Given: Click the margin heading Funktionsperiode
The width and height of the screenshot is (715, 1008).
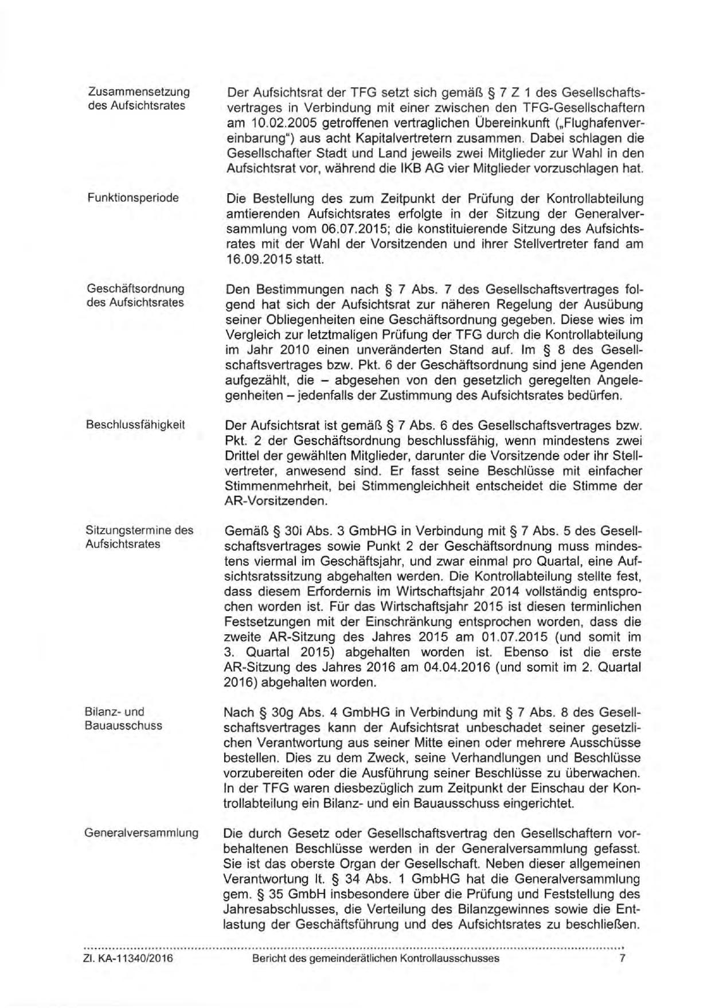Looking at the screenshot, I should (132, 198).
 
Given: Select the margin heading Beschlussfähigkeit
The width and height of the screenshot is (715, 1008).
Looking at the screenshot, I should (135, 425).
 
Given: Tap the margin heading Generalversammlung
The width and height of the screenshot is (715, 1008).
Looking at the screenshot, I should (142, 833).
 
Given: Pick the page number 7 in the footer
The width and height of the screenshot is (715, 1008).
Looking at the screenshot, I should (622, 958).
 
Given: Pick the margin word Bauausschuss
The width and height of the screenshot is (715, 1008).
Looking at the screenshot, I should (123, 725).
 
